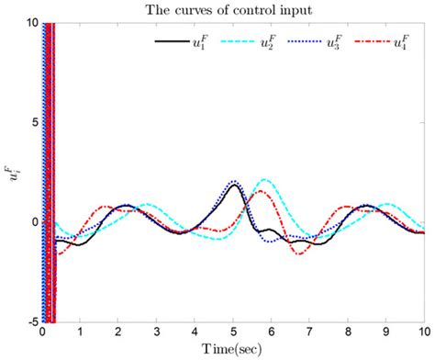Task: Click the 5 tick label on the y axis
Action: [33, 122]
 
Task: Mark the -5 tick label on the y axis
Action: [30, 321]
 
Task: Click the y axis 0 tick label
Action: [33, 222]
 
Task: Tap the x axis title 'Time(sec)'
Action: [233, 350]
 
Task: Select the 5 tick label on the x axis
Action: [233, 332]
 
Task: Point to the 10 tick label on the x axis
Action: [422, 332]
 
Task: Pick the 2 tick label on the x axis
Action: [119, 332]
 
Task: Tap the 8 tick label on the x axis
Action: [347, 332]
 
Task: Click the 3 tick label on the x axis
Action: [157, 332]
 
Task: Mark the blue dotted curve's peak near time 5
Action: [234, 181]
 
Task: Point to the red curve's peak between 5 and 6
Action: [260, 191]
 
